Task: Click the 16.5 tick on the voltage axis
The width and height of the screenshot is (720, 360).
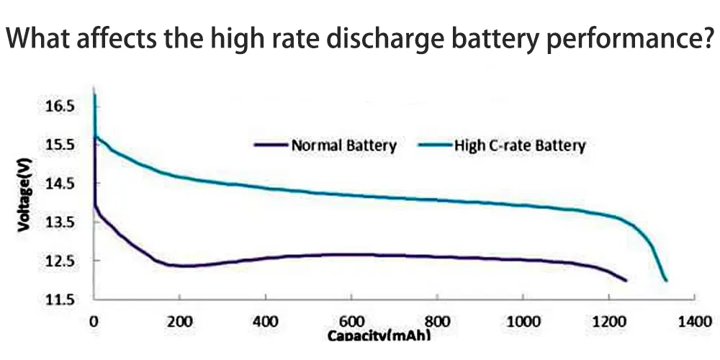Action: pyautogui.click(x=60, y=106)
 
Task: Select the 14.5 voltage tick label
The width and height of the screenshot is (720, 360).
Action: pyautogui.click(x=60, y=183)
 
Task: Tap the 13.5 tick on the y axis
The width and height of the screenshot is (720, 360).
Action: pyautogui.click(x=60, y=222)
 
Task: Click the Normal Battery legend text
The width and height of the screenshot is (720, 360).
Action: pyautogui.click(x=343, y=145)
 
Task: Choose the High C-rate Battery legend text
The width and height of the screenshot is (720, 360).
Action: pyautogui.click(x=520, y=145)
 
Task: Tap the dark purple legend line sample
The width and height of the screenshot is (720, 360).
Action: pyautogui.click(x=271, y=145)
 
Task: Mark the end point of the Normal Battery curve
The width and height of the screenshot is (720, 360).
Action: pyautogui.click(x=626, y=280)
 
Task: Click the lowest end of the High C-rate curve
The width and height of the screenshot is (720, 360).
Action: pyautogui.click(x=666, y=280)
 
